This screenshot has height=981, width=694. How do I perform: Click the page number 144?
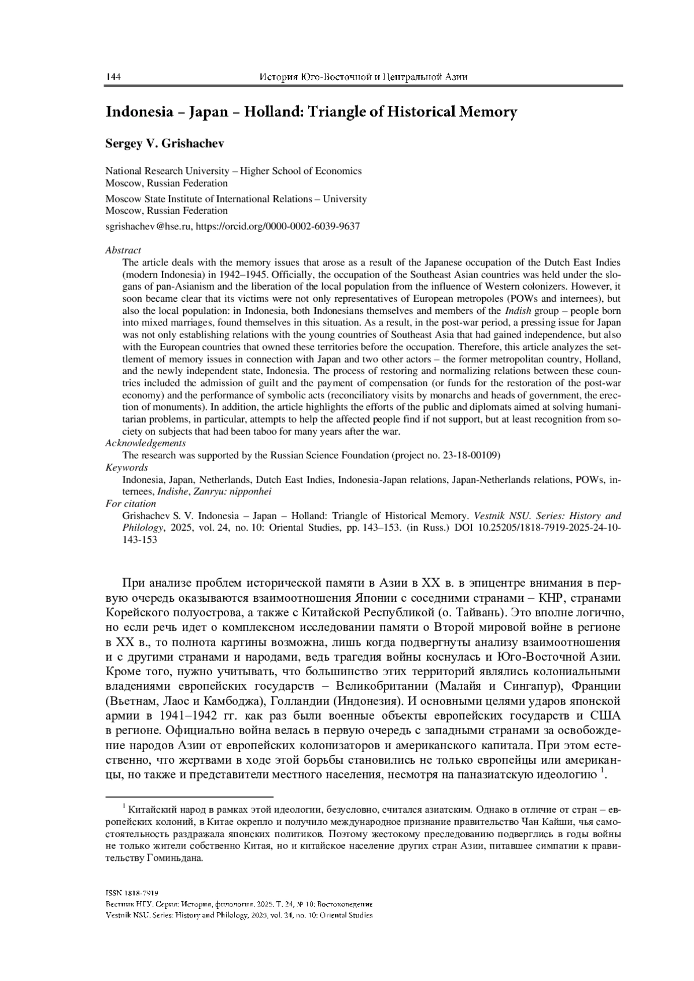112,77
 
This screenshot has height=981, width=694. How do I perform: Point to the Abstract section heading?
123,250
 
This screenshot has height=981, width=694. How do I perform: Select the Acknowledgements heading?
146,443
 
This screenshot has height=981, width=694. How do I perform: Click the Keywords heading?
127,467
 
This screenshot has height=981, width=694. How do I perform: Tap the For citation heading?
131,504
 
